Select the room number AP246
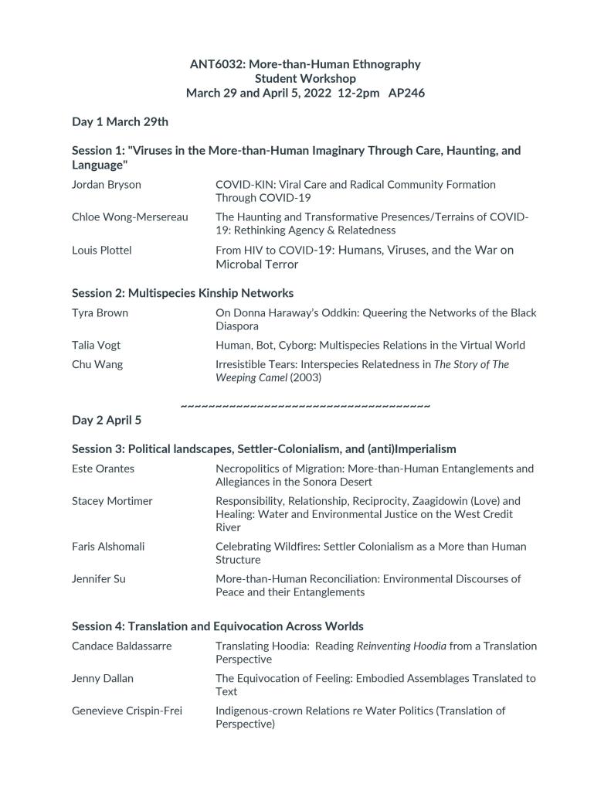tap(406, 93)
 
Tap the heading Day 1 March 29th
tap(120, 121)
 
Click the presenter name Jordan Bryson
tap(107, 185)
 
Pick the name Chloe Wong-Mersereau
tap(130, 217)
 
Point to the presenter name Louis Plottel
tap(102, 250)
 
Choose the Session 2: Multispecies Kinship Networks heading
tap(182, 293)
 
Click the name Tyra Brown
tap(100, 313)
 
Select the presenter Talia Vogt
tap(96, 345)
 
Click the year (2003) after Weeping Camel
tap(305, 377)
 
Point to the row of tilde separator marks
tap(305, 405)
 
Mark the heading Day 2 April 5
tap(107, 420)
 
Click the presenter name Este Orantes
tap(103, 469)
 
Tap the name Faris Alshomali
tap(108, 546)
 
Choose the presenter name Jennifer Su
tap(98, 578)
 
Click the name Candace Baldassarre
tap(122, 646)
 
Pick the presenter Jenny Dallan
tap(103, 678)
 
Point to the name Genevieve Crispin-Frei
tap(127, 711)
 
